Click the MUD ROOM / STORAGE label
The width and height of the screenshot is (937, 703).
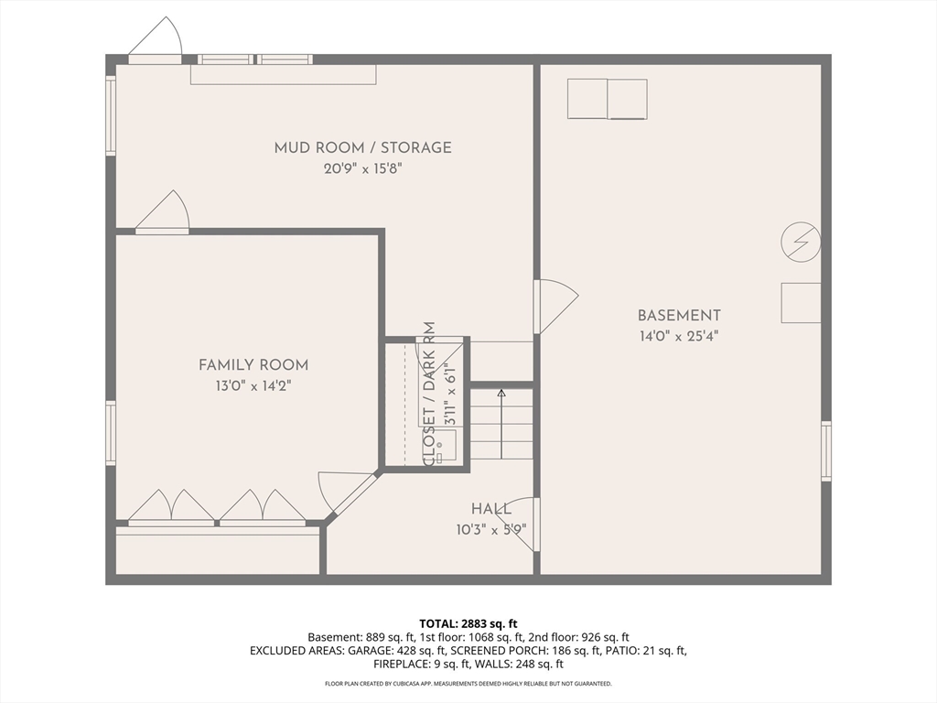[x=362, y=147]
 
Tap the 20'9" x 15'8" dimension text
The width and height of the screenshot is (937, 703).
[x=362, y=168]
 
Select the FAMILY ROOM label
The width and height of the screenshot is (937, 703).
[x=253, y=364]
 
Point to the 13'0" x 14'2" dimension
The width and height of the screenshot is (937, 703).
[x=253, y=386]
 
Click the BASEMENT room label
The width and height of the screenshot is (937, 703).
[x=679, y=315]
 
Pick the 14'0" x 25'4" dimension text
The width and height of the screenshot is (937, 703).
[x=679, y=336]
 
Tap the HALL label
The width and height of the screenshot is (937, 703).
[x=491, y=509]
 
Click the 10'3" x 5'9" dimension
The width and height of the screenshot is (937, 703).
[x=491, y=530]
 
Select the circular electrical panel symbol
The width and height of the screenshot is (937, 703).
[x=801, y=242]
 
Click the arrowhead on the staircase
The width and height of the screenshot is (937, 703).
[x=501, y=393]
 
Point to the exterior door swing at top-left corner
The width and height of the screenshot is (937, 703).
[x=156, y=38]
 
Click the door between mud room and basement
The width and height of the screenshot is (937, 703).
[x=555, y=306]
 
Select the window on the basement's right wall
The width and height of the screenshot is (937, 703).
[x=826, y=450]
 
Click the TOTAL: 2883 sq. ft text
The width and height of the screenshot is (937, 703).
[x=468, y=624]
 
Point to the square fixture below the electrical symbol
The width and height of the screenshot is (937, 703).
[x=801, y=303]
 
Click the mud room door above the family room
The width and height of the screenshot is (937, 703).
[x=162, y=211]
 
